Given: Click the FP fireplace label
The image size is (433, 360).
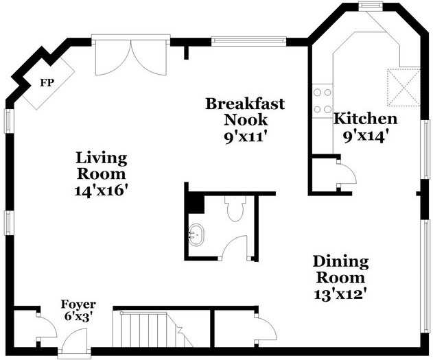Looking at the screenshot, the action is coord(47,82).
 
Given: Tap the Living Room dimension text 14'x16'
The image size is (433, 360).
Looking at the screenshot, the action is coord(102,190).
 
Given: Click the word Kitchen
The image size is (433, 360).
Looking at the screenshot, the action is coord(366,119).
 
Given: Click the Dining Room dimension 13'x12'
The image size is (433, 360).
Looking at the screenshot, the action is coord(340,294).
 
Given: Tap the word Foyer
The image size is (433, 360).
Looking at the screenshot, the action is coord(78,305).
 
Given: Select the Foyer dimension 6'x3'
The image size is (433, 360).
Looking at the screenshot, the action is coord(78,316).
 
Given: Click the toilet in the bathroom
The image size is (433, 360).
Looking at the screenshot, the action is coord(235,208).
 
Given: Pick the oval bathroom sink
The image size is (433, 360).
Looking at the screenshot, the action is coord(196,235).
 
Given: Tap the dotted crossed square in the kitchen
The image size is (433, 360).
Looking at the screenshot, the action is coord(403,88).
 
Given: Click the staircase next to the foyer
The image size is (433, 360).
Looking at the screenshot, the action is coord(153,329).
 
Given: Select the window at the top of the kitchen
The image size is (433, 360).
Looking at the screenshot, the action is coord(371,6).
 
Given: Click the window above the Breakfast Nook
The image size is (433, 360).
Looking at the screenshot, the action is coord(249,41).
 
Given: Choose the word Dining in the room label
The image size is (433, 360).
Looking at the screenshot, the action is coord(340,261).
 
